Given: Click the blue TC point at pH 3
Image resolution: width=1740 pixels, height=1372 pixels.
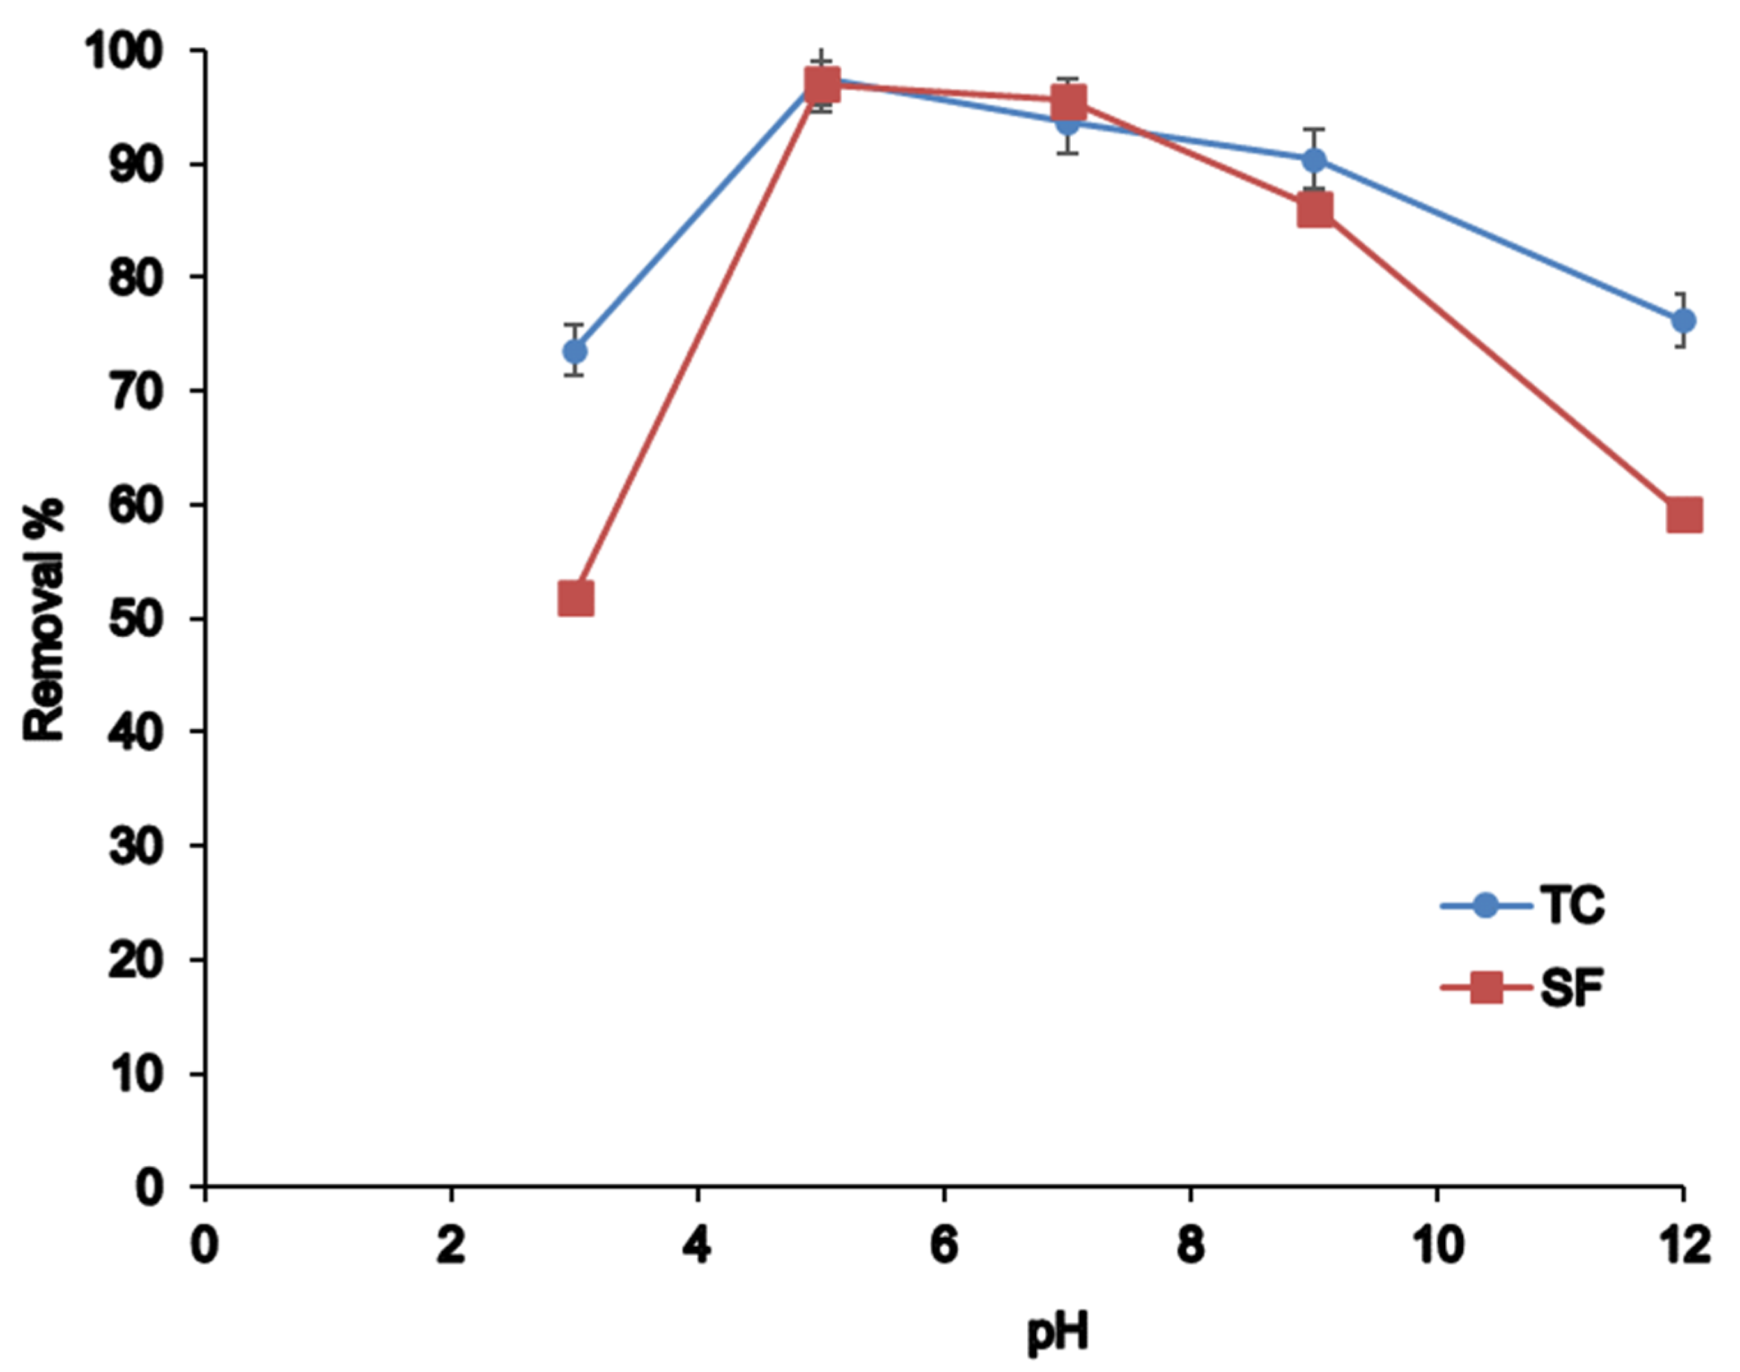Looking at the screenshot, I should tap(575, 351).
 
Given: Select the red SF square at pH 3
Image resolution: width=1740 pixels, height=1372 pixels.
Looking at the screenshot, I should tap(575, 599).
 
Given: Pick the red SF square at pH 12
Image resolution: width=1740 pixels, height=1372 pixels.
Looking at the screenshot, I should tap(1684, 515).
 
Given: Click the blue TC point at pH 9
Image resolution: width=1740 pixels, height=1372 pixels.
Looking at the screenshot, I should tap(1314, 160).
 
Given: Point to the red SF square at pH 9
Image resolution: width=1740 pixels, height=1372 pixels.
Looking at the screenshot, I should tap(1314, 210).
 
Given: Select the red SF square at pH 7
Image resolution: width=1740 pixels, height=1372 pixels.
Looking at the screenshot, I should tap(1068, 103).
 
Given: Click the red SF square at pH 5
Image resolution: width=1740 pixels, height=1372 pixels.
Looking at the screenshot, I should tap(821, 84).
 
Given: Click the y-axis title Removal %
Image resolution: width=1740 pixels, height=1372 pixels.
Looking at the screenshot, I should tap(43, 618).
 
